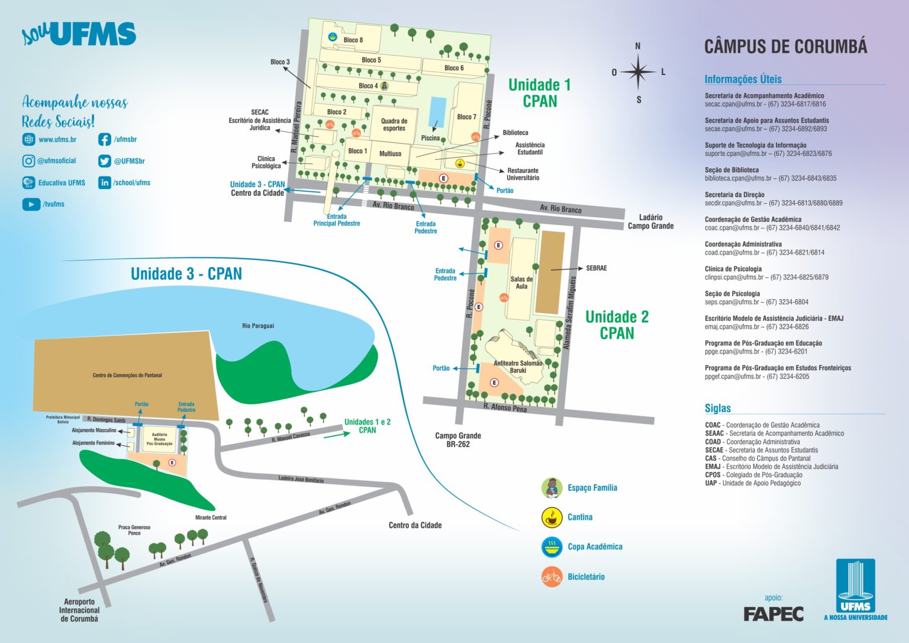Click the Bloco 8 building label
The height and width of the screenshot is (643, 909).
tap(353, 40)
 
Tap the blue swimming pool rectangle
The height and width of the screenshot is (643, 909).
tap(438, 111)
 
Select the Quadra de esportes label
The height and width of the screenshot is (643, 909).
tap(394, 124)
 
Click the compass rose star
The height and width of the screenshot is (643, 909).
tap(638, 72)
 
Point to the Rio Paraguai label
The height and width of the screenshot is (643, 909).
tap(258, 326)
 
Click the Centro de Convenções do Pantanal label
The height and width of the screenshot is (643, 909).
tap(127, 375)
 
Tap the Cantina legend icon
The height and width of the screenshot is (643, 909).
tap(552, 517)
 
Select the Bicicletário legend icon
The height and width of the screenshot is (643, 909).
tap(552, 576)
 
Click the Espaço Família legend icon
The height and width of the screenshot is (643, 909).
tap(552, 487)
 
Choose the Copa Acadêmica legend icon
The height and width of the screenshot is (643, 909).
tap(552, 546)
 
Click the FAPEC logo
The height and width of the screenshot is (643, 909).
tap(773, 614)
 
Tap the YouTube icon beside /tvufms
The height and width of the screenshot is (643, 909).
tap(31, 204)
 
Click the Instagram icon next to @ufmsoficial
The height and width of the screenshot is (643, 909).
tap(28, 160)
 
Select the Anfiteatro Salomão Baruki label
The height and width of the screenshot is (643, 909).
tap(518, 366)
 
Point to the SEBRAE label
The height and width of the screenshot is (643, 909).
tap(596, 268)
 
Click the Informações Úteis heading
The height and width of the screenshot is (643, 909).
tap(743, 79)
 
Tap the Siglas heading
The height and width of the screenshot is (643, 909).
tap(717, 408)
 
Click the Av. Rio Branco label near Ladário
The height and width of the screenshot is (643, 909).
tap(560, 208)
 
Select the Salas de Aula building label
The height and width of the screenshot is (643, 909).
tap(521, 282)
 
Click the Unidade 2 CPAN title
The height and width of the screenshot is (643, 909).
tap(617, 324)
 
